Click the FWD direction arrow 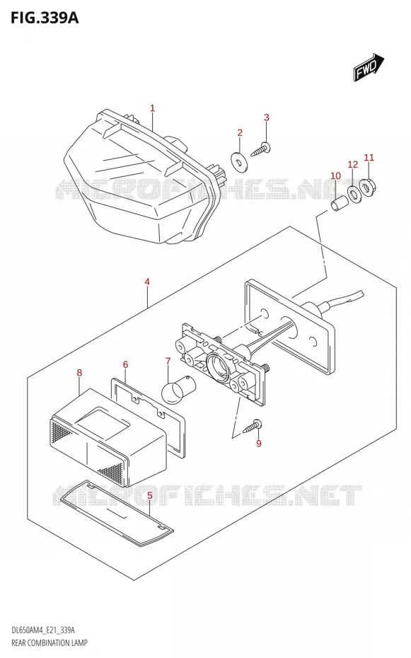point(369,67)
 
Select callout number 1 point(153,108)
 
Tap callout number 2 point(240,133)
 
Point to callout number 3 point(266,117)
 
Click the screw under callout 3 point(261,150)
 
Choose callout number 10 point(335,175)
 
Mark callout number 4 point(147,282)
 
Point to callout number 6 point(125,364)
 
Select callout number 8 point(79,373)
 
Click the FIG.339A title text point(40,18)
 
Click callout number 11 point(369,158)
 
